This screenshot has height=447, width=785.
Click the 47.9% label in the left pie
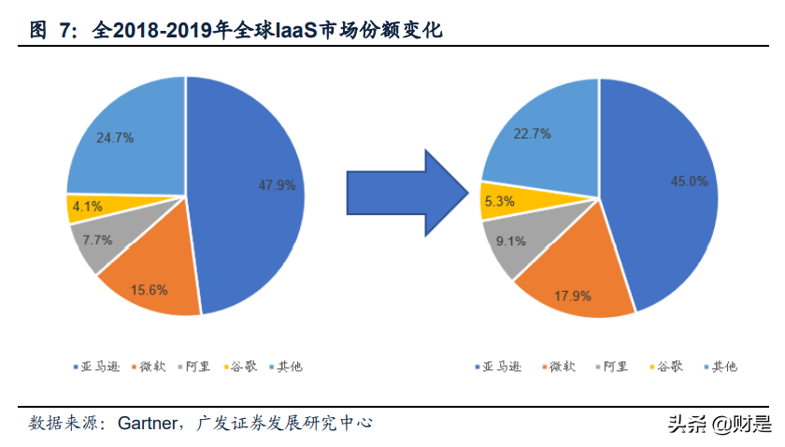pos(277,185)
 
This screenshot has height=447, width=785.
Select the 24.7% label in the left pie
pos(115,137)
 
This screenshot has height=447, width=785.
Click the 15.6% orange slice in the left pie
pos(149,290)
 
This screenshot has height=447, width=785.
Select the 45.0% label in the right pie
pos(689,181)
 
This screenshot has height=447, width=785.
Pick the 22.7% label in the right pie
pos(532,134)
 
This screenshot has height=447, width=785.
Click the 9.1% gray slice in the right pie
pos(511,240)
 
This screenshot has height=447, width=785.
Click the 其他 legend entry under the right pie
pos(718,367)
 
